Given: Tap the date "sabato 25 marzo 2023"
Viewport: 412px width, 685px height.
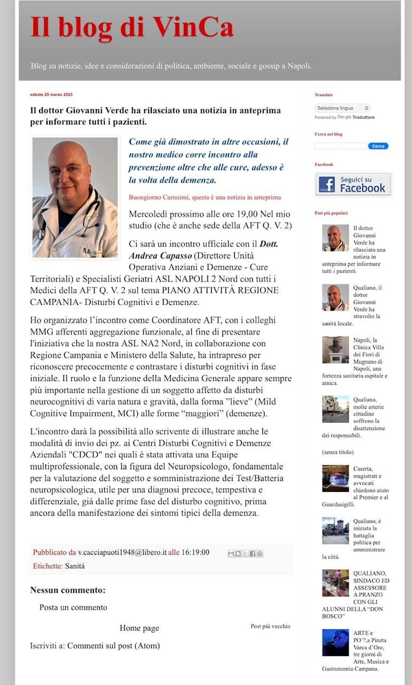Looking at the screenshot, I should [51, 95].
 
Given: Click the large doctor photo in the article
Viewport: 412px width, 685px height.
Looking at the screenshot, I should [75, 198].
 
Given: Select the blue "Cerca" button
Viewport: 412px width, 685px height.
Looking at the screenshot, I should [378, 146].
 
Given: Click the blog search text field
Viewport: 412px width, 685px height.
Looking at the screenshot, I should [341, 146].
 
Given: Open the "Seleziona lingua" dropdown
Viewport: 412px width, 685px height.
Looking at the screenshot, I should [342, 108].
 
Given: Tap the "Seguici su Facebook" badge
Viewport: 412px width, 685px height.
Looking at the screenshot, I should [353, 184].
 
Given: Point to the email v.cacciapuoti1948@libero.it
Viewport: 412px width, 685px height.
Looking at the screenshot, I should [122, 553].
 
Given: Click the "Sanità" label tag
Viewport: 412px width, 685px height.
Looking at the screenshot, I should [75, 566].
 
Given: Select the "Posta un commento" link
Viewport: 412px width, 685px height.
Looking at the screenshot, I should [73, 607].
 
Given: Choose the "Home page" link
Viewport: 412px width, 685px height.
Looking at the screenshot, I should [139, 628].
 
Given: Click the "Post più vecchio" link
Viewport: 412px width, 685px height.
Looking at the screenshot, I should [270, 626].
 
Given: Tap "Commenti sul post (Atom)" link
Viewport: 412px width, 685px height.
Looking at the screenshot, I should [113, 645].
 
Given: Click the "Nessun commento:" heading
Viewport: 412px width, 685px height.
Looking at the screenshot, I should [68, 590].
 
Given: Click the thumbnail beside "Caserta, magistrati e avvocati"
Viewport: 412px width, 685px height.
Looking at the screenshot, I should [335, 478].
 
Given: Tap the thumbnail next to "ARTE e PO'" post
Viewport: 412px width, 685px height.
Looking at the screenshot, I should [335, 643].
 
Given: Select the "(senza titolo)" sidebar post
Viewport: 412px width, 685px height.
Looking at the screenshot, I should [338, 452].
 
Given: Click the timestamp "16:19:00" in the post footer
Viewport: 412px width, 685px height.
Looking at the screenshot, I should [196, 553].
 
